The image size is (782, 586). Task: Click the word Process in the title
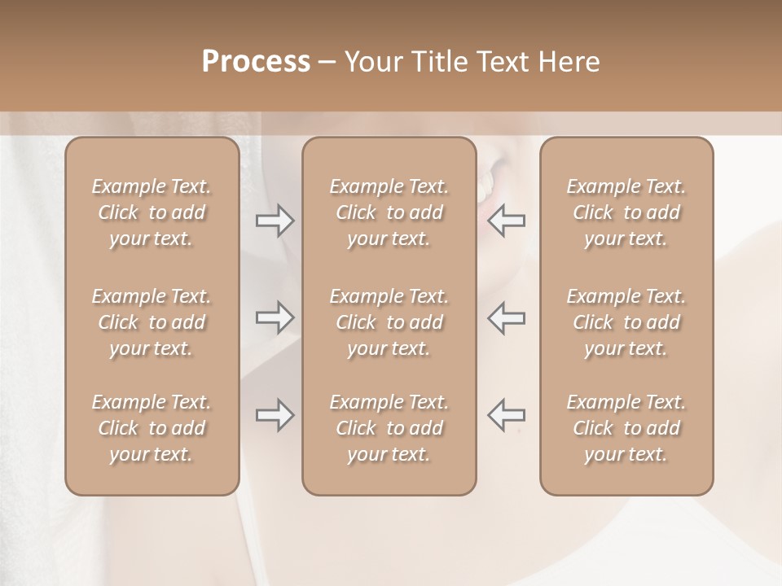(256, 62)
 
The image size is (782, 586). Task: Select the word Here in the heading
(569, 62)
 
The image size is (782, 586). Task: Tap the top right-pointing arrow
(275, 221)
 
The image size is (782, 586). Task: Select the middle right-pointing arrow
(275, 317)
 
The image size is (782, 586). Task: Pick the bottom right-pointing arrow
(275, 415)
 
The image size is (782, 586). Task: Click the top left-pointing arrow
(506, 221)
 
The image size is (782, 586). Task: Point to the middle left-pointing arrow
(506, 317)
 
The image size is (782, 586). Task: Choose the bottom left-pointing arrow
(506, 415)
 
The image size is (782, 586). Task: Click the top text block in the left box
(152, 212)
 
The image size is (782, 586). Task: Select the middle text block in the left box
(152, 322)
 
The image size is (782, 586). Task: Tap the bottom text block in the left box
(152, 428)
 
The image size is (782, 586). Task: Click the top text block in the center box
(389, 212)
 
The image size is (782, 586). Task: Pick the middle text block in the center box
(389, 322)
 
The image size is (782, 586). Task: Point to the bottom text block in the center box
(389, 428)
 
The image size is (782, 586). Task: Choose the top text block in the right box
(626, 212)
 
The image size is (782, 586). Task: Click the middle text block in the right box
(626, 322)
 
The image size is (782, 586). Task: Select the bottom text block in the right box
(626, 428)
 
